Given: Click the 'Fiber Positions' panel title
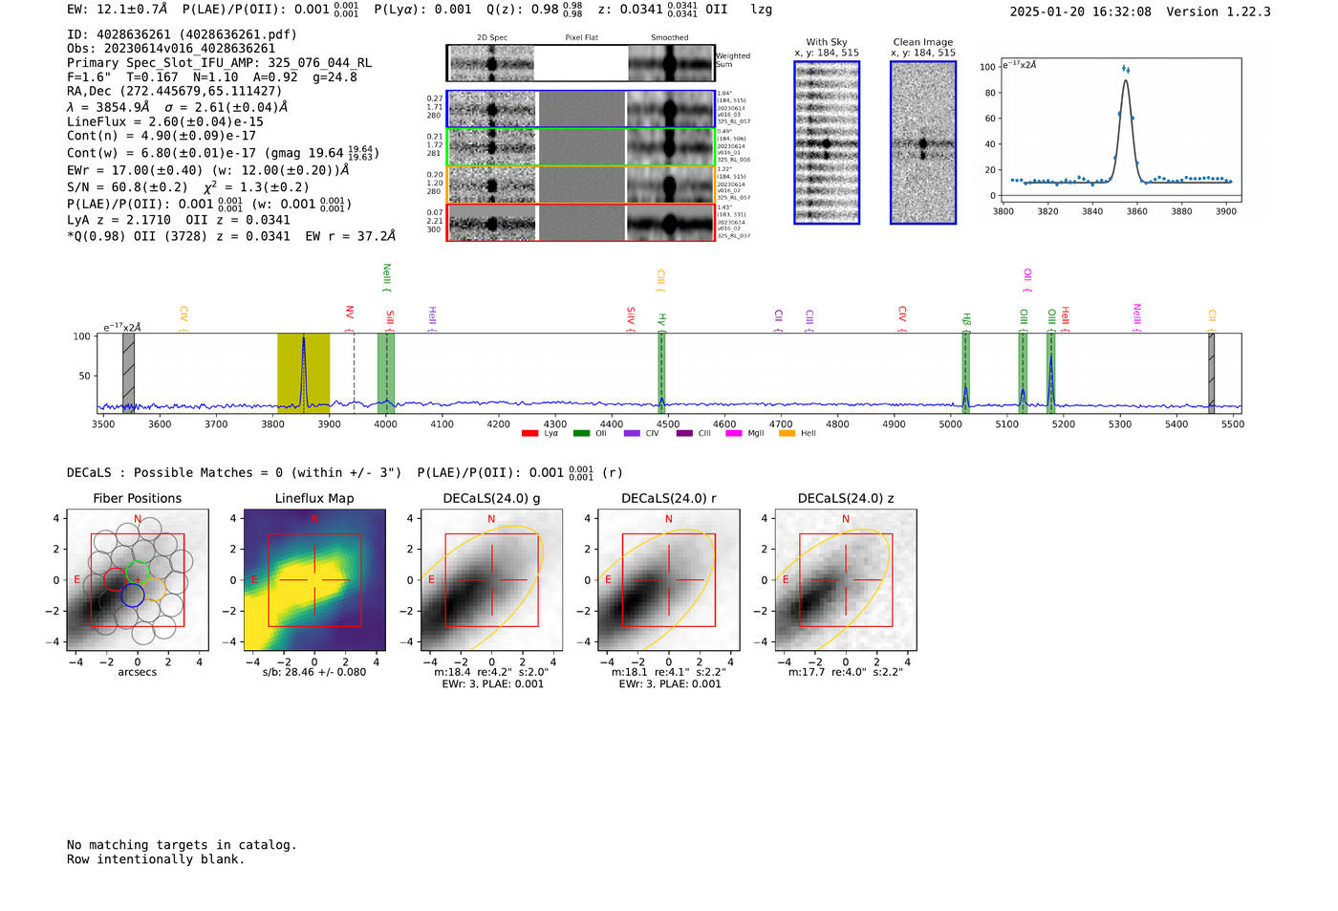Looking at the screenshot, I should tap(137, 498).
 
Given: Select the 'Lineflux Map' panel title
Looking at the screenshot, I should tap(313, 498).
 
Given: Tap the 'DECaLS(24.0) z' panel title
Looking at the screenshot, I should tap(845, 498).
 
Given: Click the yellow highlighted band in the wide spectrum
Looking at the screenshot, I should tap(287, 373).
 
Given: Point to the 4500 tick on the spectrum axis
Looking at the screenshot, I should tap(668, 423).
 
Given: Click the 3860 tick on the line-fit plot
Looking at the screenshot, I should tap(1136, 211).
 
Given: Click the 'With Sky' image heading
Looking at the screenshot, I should tap(826, 42).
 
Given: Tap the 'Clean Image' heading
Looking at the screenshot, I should tap(922, 42).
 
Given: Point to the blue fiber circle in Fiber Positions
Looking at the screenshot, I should tap(132, 596).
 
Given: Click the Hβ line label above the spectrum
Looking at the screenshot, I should tap(966, 318).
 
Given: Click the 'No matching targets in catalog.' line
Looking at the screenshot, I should tap(182, 844).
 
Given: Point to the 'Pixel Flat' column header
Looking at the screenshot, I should tap(581, 37).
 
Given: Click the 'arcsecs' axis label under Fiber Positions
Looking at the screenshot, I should tap(137, 672).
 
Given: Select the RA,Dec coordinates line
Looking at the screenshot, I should tap(174, 91).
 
